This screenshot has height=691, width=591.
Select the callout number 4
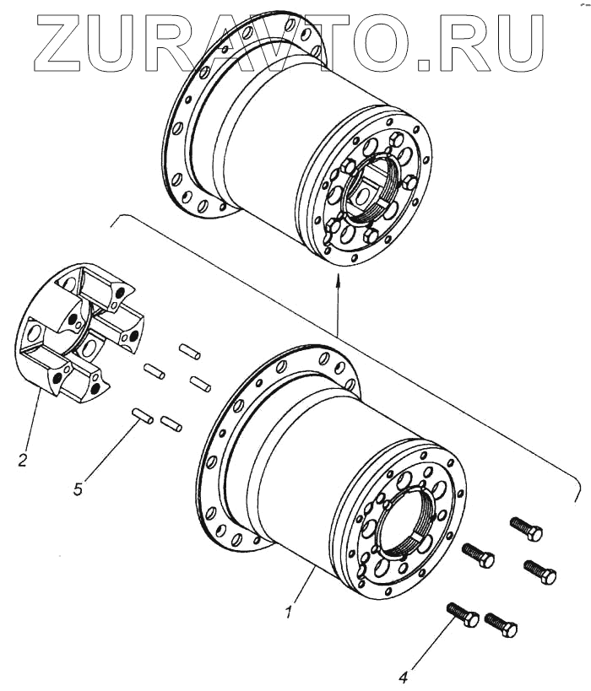click(x=404, y=675)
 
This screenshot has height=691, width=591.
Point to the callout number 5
click(x=78, y=489)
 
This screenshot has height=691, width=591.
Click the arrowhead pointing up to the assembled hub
click(x=337, y=289)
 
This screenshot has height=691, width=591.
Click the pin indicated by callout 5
click(x=141, y=415)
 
